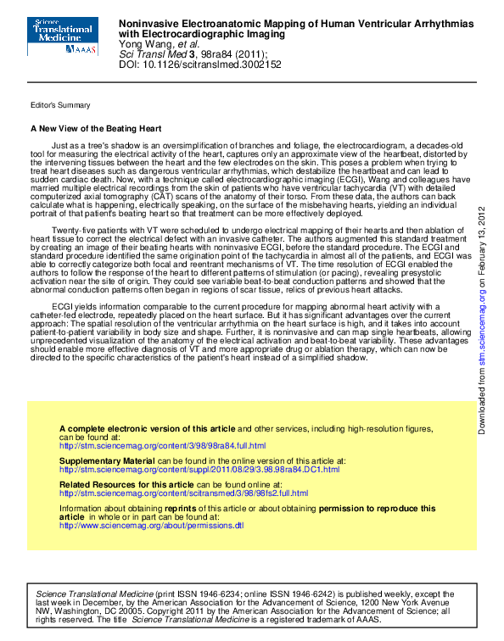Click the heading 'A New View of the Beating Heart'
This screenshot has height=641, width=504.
click(x=95, y=129)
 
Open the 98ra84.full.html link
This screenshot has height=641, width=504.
click(x=162, y=446)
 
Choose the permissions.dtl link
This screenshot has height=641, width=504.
click(x=151, y=525)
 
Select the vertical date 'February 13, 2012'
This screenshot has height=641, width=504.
click(x=482, y=247)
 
